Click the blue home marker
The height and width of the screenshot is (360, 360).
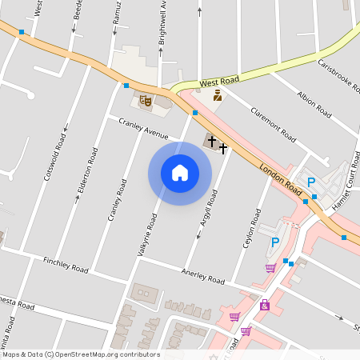(180, 173)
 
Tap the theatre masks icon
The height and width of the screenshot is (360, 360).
(145, 101)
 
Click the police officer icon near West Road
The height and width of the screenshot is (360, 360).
(217, 96)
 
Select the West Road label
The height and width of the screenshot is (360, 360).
(219, 82)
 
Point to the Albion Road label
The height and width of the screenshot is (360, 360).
(314, 105)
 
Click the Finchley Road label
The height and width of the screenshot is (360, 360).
(66, 265)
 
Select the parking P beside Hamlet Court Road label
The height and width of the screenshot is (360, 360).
(312, 182)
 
